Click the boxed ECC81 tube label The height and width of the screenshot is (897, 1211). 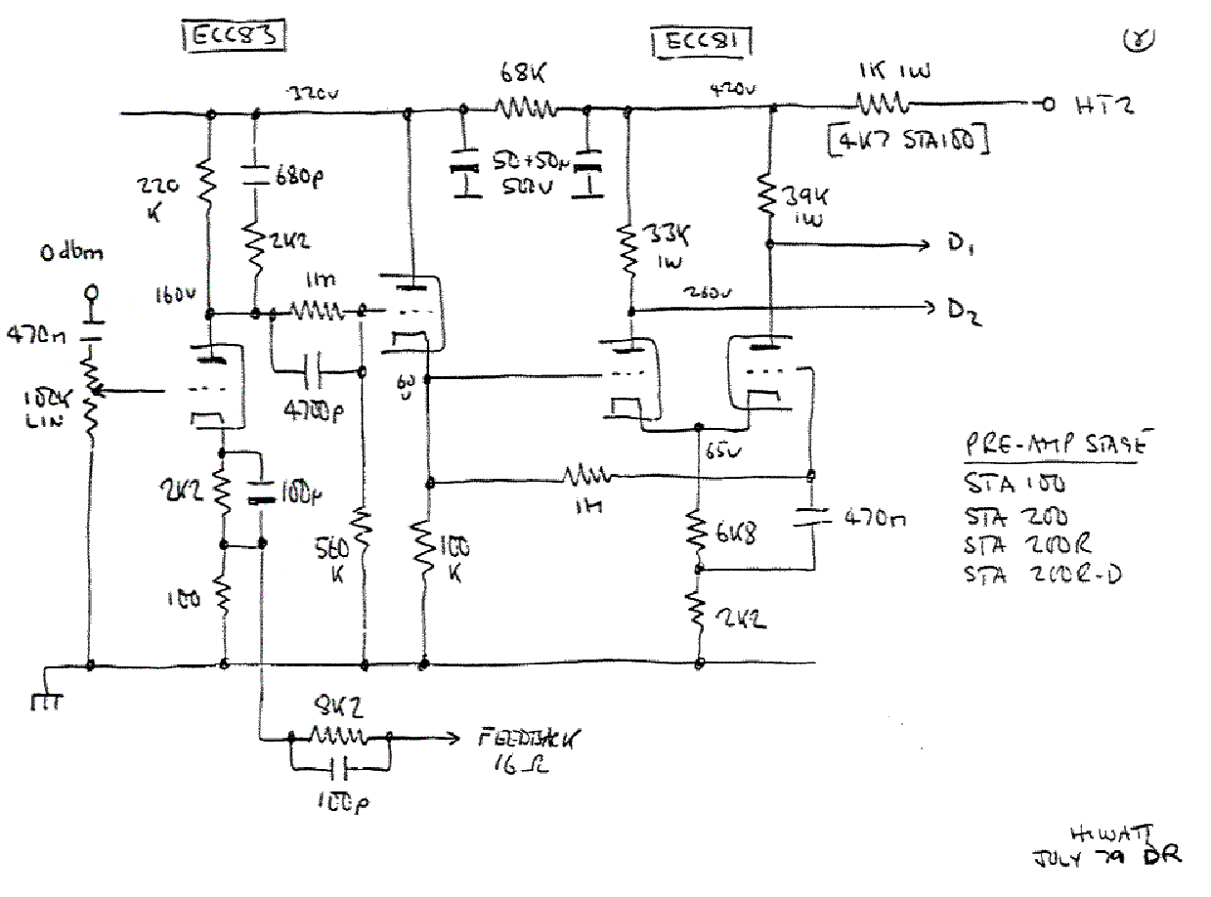(x=701, y=43)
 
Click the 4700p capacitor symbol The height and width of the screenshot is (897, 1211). (x=319, y=371)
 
